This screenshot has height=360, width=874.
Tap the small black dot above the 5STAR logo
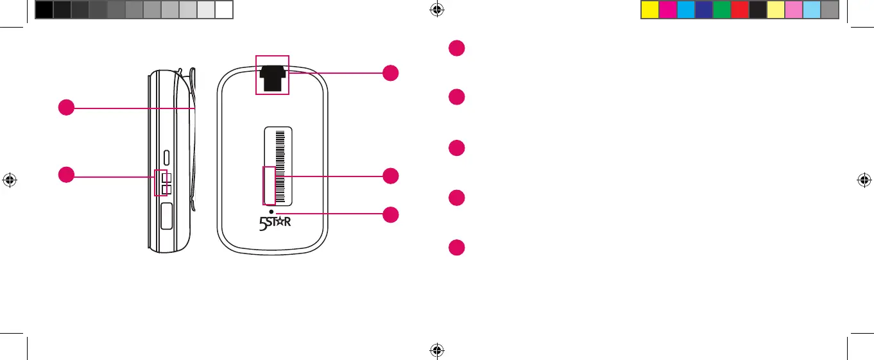tap(271, 212)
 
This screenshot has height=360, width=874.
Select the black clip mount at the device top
tap(273, 76)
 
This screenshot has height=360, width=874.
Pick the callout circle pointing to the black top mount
tap(390, 73)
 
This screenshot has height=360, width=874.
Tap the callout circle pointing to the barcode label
tap(390, 176)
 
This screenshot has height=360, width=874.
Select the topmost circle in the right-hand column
tap(456, 48)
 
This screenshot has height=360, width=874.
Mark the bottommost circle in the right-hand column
tap(456, 248)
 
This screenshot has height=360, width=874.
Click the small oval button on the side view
tap(167, 156)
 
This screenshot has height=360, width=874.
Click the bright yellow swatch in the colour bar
tap(650, 10)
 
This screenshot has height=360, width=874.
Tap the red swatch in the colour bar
tap(740, 10)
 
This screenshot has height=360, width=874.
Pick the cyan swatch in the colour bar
tap(686, 10)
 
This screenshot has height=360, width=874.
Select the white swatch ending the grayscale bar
tap(223, 10)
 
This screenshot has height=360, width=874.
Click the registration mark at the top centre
tap(437, 9)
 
